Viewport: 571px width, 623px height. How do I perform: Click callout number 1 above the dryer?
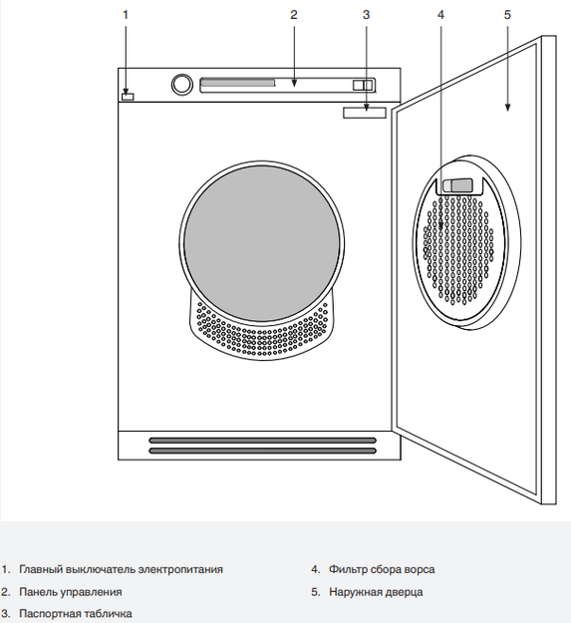126,15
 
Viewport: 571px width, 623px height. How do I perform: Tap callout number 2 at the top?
293,15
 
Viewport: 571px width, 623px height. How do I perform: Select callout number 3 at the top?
366,15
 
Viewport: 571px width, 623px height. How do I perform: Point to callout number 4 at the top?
440,15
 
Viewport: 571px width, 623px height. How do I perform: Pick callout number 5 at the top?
507,15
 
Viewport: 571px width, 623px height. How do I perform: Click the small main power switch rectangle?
128,97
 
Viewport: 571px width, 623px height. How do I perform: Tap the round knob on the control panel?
181,85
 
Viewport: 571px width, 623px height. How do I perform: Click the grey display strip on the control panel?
237,83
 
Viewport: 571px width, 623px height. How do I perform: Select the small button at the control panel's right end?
363,85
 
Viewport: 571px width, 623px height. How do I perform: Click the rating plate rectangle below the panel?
365,113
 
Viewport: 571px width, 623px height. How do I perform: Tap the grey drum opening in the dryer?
262,243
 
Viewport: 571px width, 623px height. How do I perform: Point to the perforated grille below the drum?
262,337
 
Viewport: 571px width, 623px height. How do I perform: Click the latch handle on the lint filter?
457,185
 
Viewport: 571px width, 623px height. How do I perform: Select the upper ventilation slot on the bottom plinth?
262,441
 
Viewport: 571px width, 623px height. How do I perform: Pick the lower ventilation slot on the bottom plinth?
262,451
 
